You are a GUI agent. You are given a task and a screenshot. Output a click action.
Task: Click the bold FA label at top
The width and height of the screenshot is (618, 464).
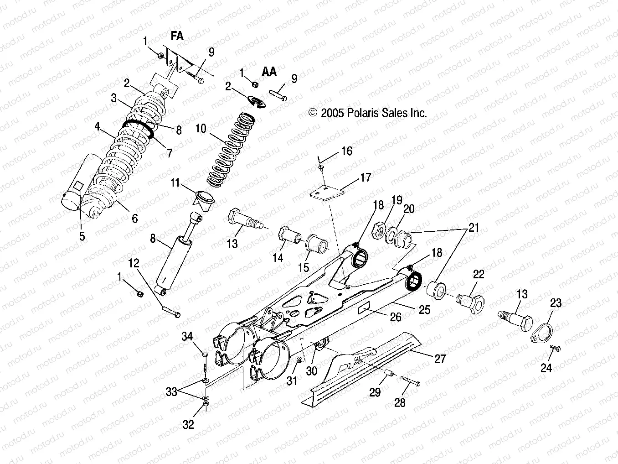(177, 36)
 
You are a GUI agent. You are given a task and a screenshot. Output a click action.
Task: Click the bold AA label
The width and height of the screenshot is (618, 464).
(269, 72)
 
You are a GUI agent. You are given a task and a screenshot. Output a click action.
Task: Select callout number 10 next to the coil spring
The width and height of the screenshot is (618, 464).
(201, 128)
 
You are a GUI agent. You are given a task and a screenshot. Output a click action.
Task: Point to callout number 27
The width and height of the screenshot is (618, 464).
(440, 359)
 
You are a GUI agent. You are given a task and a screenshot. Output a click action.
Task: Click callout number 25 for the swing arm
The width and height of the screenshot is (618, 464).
(424, 310)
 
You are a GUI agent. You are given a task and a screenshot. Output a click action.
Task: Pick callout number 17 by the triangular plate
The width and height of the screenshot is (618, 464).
(366, 177)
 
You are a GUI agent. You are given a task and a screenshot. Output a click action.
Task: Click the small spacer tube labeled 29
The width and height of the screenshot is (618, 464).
(389, 374)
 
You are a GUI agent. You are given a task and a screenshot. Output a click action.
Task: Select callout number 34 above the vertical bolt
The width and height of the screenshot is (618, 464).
(187, 337)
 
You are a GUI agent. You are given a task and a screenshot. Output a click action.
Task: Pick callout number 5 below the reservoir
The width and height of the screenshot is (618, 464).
(82, 237)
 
